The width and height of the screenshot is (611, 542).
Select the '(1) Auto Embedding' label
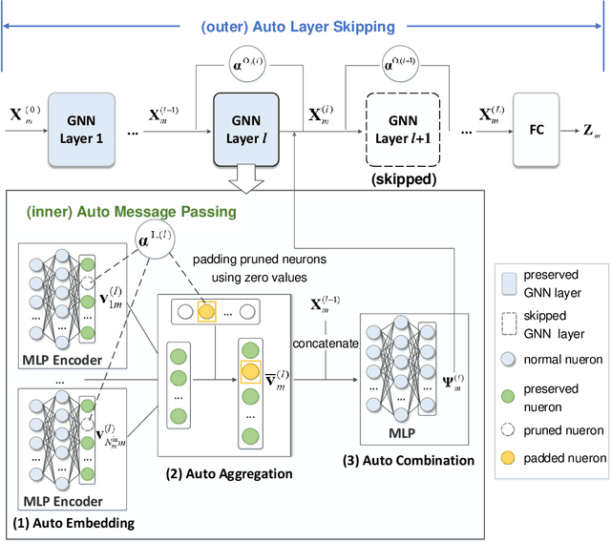(x=74, y=522)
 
